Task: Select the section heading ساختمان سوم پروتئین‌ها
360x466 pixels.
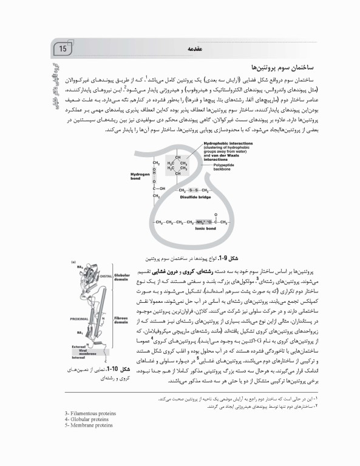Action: coord(281,66)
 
